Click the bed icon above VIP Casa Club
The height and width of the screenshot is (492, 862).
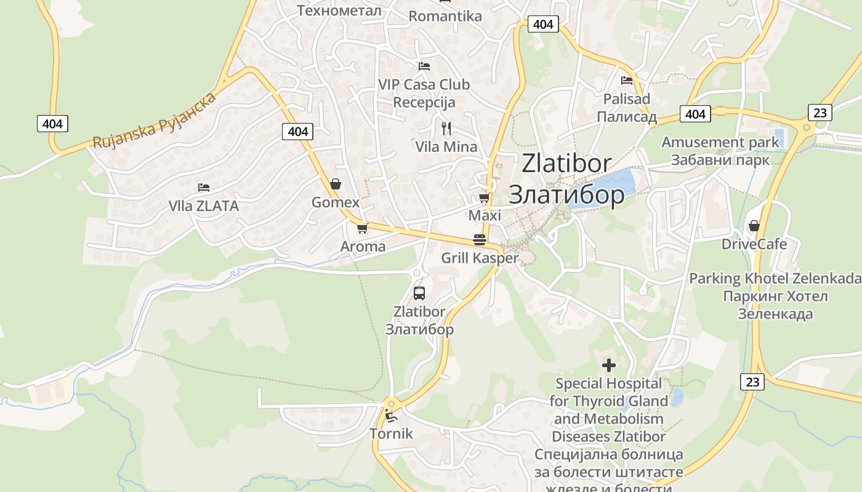[x=424, y=66]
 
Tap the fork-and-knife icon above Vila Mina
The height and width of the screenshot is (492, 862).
[x=446, y=128]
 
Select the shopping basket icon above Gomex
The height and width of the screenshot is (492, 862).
[x=336, y=183]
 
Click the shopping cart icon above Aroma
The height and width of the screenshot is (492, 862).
[x=362, y=228]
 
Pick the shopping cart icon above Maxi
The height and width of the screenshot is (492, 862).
[x=485, y=197]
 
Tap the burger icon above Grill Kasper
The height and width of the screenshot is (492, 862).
[x=480, y=240]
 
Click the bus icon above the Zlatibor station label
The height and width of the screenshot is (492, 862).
[x=419, y=293]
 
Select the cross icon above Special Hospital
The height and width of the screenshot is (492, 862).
[x=608, y=365]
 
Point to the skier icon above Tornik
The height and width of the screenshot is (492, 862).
[x=390, y=416]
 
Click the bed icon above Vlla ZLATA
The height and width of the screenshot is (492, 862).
[x=204, y=187]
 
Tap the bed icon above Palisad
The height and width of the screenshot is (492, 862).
[x=627, y=80]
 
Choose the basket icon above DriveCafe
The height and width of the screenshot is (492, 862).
[x=754, y=226]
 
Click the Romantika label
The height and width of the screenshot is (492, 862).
[x=445, y=16]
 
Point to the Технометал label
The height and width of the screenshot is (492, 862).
[x=339, y=10]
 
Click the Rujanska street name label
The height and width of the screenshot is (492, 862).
[x=155, y=121]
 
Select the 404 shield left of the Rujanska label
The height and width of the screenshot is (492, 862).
[x=52, y=124]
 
